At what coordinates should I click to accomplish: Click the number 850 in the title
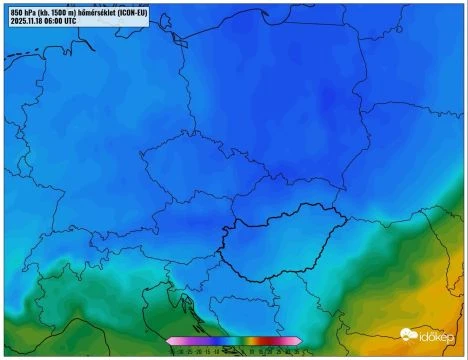[17, 11]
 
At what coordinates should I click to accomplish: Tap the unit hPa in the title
[33, 11]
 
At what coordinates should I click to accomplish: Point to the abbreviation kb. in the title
[50, 11]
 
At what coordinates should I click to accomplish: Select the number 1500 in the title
[67, 11]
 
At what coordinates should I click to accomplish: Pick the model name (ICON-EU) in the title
[160, 11]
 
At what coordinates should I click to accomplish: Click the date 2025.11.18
[31, 20]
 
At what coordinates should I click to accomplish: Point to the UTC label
[87, 20]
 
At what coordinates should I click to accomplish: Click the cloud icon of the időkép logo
[408, 335]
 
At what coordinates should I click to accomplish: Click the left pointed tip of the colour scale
[169, 341]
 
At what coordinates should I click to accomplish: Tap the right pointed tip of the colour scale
[300, 341]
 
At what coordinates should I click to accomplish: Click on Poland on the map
[270, 100]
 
